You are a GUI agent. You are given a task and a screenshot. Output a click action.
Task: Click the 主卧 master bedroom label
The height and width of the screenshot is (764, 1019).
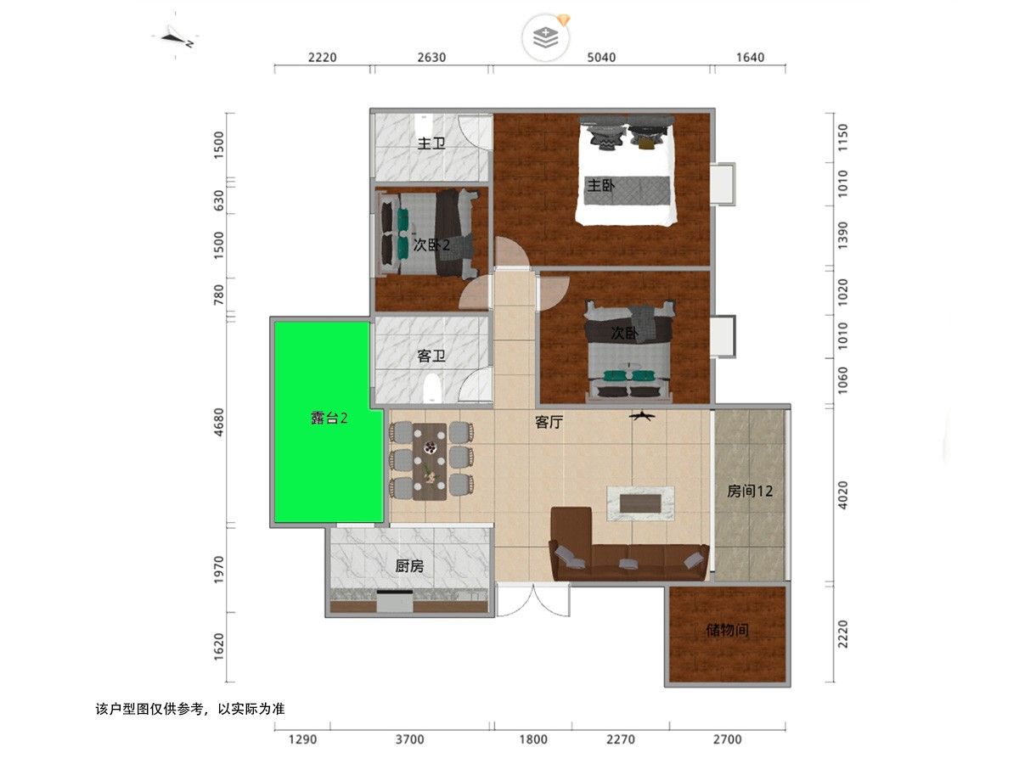click(600, 186)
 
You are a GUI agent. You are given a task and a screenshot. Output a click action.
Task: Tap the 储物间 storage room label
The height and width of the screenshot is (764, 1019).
click(727, 630)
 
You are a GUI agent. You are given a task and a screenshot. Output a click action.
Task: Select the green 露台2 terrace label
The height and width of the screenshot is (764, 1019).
click(329, 418)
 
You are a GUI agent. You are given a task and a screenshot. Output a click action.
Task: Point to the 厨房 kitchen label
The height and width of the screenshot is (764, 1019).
click(409, 566)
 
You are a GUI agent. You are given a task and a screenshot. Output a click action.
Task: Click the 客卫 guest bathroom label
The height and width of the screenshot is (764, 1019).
click(431, 356)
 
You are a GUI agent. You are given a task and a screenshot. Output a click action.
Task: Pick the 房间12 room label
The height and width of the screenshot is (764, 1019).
click(749, 491)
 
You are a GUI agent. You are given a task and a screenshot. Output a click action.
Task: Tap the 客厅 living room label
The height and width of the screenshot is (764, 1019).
click(549, 422)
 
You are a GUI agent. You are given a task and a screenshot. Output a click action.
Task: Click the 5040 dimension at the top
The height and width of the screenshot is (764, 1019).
click(601, 58)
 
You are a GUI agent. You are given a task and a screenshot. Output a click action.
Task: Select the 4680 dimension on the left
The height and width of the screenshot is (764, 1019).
click(218, 422)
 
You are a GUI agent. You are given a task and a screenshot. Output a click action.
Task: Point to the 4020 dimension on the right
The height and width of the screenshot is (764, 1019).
click(842, 495)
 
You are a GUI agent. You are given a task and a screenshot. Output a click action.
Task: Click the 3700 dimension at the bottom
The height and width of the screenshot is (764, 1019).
click(409, 739)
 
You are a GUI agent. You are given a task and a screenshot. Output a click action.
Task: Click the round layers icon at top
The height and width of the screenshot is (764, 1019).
click(545, 37)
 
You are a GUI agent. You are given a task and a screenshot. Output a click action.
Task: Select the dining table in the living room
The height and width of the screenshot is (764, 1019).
click(430, 462)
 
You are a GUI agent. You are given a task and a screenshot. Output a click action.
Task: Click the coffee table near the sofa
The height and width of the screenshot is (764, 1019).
click(640, 503)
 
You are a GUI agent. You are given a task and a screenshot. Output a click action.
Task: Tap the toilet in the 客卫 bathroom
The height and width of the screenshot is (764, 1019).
click(431, 389)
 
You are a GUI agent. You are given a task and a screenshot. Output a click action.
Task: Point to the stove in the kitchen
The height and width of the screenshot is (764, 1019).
click(395, 601)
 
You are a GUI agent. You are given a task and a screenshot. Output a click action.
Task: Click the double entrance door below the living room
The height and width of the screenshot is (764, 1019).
click(533, 599)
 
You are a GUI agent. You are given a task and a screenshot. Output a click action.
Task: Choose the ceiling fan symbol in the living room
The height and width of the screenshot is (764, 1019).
click(642, 416)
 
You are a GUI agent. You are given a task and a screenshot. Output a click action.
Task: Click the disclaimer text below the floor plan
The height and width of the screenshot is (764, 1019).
click(190, 709)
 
